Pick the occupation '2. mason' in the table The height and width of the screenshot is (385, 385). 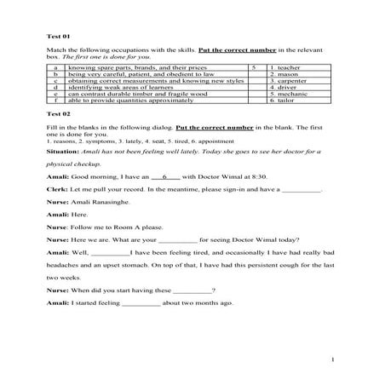pos(285,72)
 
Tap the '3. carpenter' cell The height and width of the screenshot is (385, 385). pos(289,79)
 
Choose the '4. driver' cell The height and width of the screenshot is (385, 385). pos(285,86)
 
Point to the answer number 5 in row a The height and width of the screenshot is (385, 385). pos(254,66)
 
